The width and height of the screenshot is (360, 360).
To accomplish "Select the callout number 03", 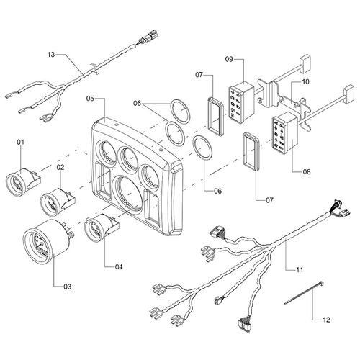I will click(x=67, y=287).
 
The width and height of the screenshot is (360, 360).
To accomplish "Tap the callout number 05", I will click(x=90, y=98).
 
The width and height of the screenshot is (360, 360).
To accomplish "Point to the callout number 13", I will click(x=50, y=54).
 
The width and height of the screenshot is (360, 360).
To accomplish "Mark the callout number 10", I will click(x=305, y=82).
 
